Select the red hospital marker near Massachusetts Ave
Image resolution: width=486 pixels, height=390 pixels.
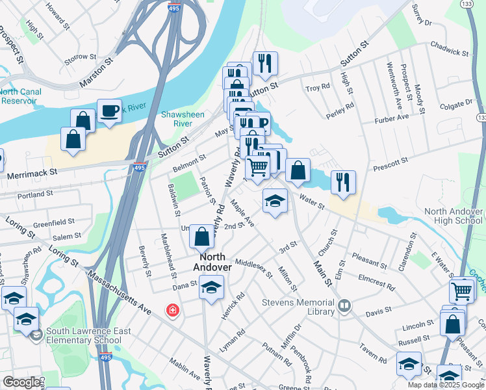[172, 311]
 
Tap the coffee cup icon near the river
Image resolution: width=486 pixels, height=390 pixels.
[109, 110]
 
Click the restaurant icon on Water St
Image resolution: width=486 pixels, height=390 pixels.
[343, 182]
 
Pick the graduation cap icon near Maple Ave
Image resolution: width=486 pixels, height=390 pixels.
[275, 201]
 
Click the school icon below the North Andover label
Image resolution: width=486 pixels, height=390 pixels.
[211, 287]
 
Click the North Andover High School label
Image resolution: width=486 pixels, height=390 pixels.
[454, 216]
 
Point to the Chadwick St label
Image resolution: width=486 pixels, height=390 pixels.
[449, 51]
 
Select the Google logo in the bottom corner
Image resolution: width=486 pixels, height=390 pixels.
[21, 382]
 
